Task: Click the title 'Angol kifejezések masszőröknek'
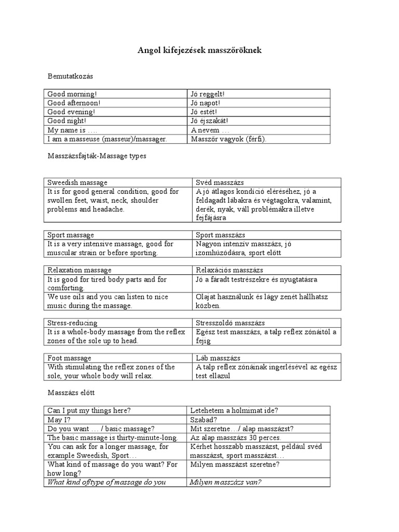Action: (x=199, y=50)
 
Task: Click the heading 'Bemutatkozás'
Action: (x=70, y=76)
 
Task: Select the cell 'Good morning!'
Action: (x=72, y=94)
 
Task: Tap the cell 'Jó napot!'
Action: (x=206, y=103)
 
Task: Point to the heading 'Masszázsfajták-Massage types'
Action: (x=97, y=156)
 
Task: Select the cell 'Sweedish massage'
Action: (x=77, y=182)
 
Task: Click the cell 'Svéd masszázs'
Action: (x=220, y=182)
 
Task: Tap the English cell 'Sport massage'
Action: (x=71, y=235)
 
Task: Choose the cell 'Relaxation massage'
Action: (x=79, y=270)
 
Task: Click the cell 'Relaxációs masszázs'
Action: (x=230, y=270)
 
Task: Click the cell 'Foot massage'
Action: (x=69, y=358)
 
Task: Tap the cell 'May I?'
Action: (x=59, y=419)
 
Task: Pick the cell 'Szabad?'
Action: (x=204, y=419)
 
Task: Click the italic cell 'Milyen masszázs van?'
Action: (x=226, y=482)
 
